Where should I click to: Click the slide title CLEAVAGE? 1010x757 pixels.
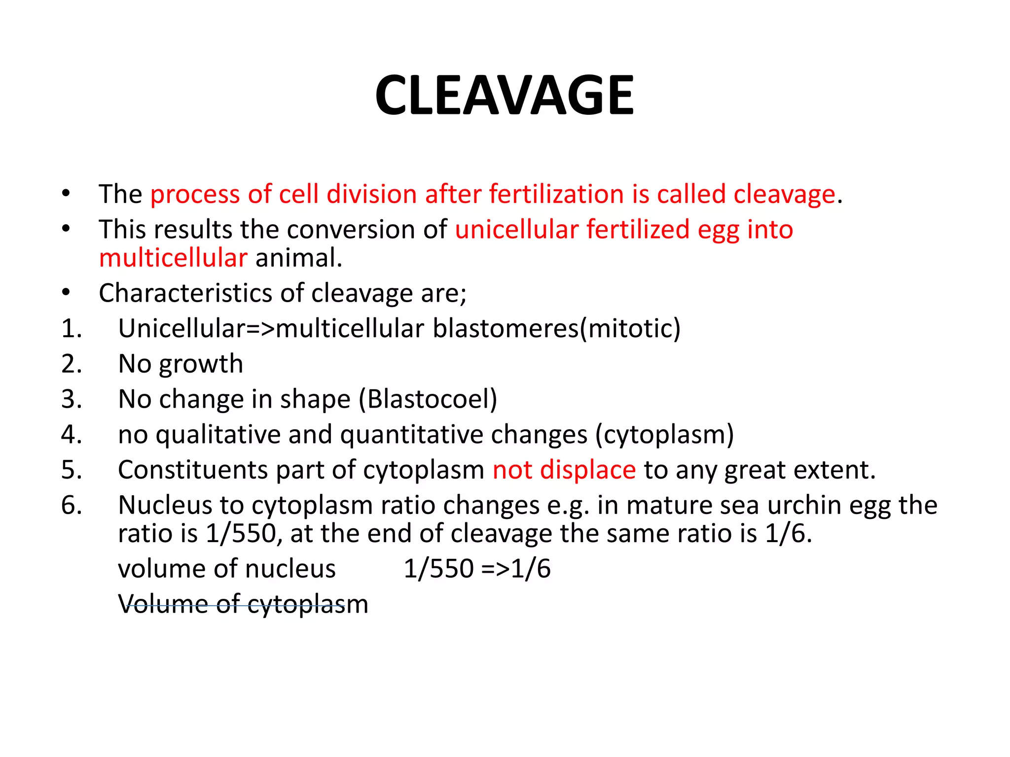(x=504, y=95)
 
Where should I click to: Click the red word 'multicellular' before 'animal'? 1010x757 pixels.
(x=173, y=258)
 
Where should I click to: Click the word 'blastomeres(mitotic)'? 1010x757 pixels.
(x=556, y=329)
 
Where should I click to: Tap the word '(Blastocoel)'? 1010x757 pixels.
(x=428, y=399)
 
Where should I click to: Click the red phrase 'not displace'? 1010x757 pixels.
(x=564, y=470)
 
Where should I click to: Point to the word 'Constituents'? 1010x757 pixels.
(x=193, y=470)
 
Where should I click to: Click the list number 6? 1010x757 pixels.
(x=72, y=505)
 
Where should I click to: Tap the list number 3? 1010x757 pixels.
(x=72, y=399)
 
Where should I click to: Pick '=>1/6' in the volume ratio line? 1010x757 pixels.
(x=516, y=569)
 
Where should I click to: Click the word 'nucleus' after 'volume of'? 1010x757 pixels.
(x=290, y=569)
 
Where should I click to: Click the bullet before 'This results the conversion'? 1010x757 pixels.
(x=66, y=229)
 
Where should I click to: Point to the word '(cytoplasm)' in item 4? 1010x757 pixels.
(x=664, y=435)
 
